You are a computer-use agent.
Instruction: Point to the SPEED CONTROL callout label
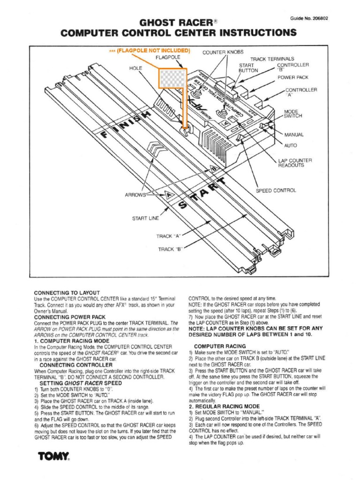(x=276, y=190)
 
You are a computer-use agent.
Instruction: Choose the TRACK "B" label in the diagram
(x=170, y=249)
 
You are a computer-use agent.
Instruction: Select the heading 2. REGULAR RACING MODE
(x=224, y=406)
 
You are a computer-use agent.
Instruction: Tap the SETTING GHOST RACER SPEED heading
(x=81, y=382)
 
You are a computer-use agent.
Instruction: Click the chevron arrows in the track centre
(x=157, y=151)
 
